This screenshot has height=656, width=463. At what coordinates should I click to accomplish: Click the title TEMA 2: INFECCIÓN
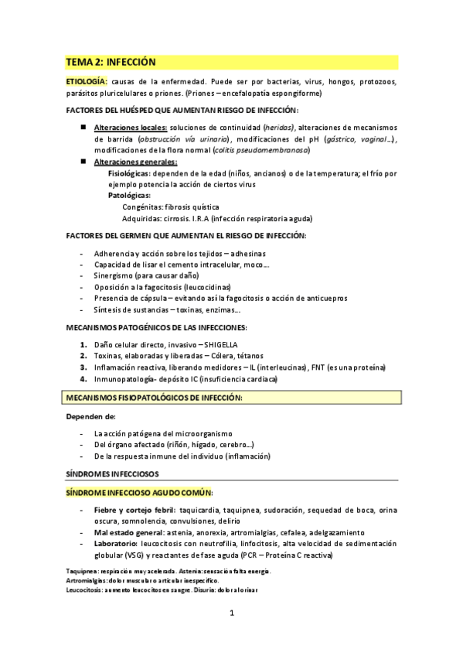(x=111, y=61)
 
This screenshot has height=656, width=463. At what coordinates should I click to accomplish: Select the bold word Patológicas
(x=130, y=196)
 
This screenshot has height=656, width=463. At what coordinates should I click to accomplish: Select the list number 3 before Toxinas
(x=83, y=356)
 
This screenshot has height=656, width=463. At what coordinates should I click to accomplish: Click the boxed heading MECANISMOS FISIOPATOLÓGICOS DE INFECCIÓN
(x=154, y=398)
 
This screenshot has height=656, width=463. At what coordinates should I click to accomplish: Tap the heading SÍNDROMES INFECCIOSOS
(x=113, y=472)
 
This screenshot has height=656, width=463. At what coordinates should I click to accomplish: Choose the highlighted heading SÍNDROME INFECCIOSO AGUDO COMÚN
(x=140, y=492)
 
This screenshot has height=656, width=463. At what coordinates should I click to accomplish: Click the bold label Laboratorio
(x=117, y=544)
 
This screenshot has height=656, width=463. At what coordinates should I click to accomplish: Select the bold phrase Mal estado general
(x=128, y=532)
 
